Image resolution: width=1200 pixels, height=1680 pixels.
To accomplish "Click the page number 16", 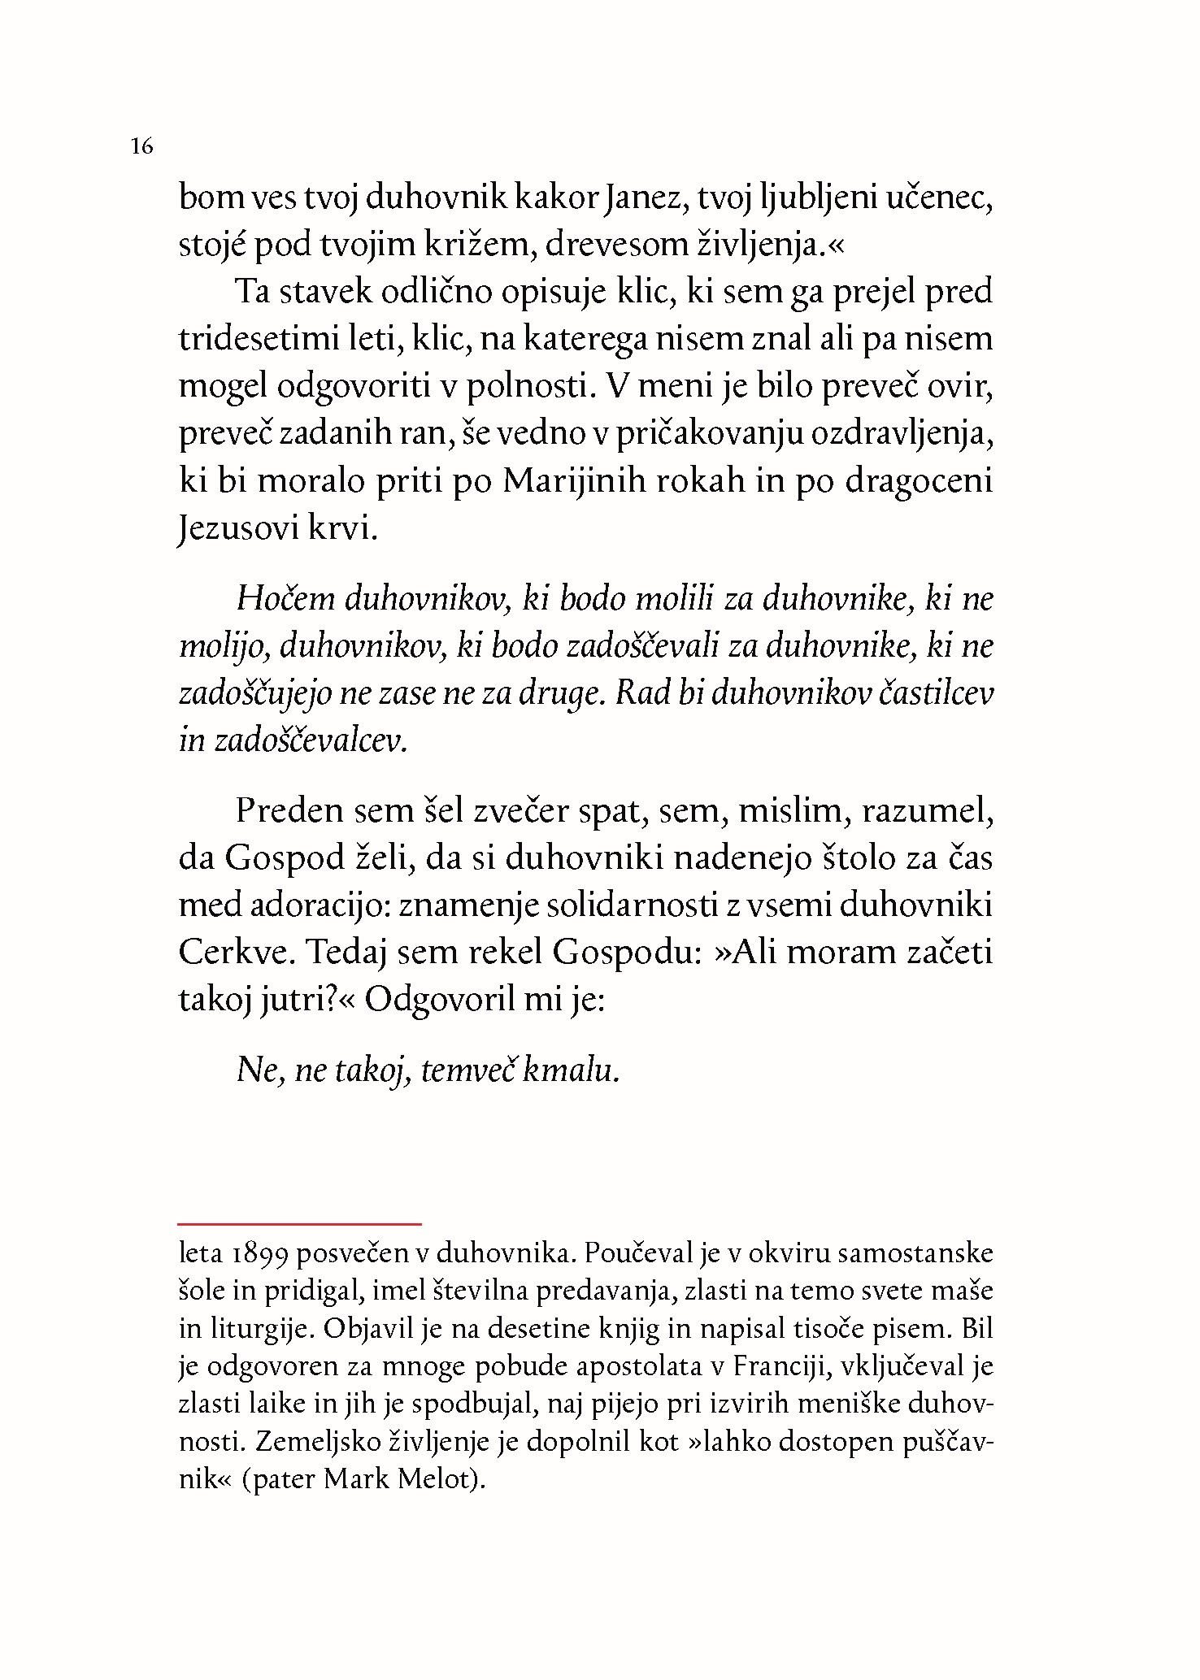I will pyautogui.click(x=141, y=147).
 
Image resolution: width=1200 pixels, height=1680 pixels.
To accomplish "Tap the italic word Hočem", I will pyautogui.click(x=285, y=599).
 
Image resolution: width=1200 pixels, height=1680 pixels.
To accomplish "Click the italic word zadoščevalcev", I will pyautogui.click(x=310, y=740).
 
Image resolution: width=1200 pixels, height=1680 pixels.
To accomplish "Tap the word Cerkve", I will pyautogui.click(x=233, y=953).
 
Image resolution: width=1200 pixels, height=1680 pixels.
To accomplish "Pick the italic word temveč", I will pyautogui.click(x=467, y=1070).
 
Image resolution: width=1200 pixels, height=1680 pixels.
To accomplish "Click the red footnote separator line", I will pyautogui.click(x=300, y=1223).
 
